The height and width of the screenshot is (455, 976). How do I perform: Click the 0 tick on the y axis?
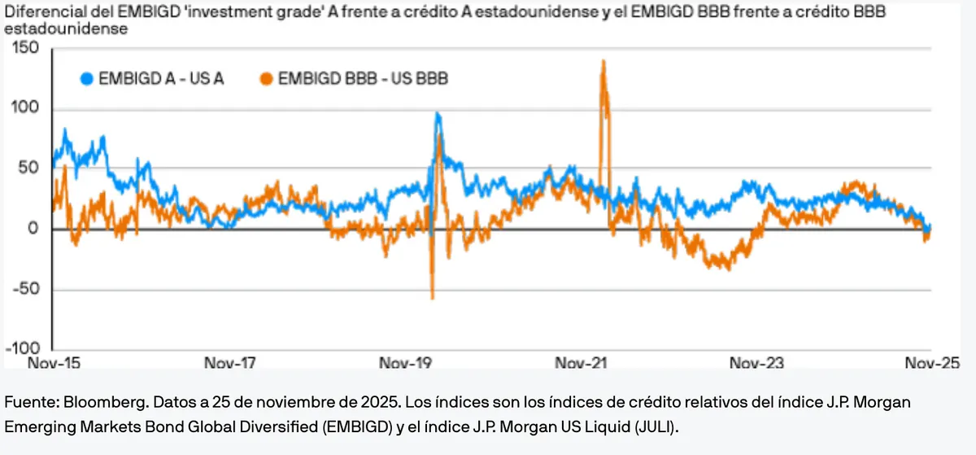click(33, 230)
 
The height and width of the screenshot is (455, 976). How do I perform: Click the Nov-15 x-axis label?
click(54, 363)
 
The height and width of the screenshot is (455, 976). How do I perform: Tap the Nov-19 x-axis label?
click(405, 363)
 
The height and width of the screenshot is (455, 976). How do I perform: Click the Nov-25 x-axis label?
click(931, 363)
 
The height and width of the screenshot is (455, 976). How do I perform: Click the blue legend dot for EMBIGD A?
click(87, 79)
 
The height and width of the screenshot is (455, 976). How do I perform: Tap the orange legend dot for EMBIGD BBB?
click(265, 79)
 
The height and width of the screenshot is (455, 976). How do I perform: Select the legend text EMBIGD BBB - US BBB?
click(363, 79)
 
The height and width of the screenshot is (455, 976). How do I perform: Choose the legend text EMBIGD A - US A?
click(161, 79)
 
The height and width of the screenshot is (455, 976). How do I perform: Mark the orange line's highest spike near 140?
click(603, 61)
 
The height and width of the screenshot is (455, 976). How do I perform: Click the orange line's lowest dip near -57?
click(432, 298)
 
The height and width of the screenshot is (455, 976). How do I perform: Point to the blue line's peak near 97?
click(438, 114)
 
